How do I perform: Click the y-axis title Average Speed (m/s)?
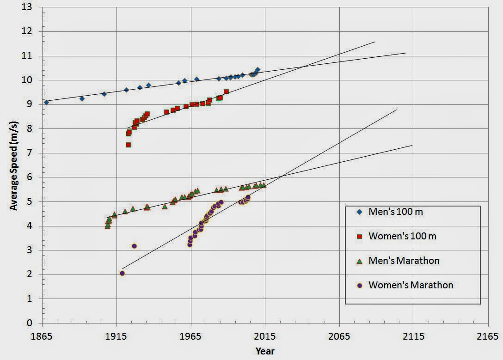pos(14,165)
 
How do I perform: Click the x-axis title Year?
pos(265,351)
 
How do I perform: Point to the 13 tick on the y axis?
pos(27,7)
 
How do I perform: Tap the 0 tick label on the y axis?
pos(30,323)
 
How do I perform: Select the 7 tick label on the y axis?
pos(30,153)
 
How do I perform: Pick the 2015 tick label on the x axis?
pos(265,336)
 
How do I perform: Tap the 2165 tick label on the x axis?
pos(488,336)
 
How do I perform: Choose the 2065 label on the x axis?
pos(339,336)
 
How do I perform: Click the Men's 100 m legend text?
pos(396,212)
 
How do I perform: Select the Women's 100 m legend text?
pos(402,236)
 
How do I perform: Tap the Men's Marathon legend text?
pos(404,261)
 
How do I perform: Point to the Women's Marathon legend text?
pos(411,285)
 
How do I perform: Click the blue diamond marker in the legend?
pos(360,212)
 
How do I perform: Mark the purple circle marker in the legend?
pos(360,285)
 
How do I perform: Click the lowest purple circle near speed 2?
pos(122,274)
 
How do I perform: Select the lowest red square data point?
pos(129,145)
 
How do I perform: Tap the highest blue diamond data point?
pos(257,70)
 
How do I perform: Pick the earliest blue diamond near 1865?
pos(47,102)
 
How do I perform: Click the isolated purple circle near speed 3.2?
pos(134,246)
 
